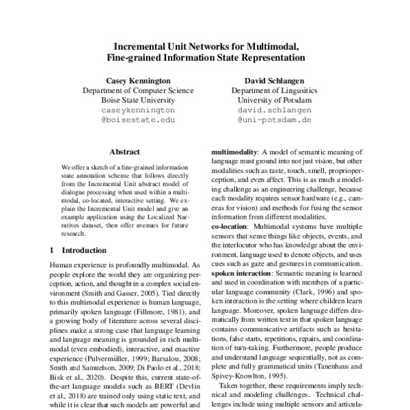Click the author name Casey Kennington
[128, 80]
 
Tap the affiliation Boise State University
[128, 100]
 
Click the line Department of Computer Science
[128, 90]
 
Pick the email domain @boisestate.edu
[128, 119]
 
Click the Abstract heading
[124, 152]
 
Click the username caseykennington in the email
[128, 109]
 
